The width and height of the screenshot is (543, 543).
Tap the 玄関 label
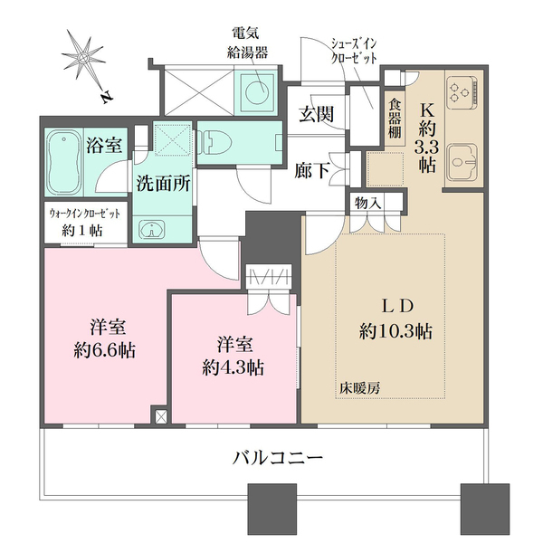pyautogui.click(x=317, y=116)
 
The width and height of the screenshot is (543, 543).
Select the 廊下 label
pyautogui.click(x=313, y=169)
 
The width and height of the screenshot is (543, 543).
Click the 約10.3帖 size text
pyautogui.click(x=395, y=331)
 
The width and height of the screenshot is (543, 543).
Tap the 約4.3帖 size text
pyautogui.click(x=233, y=367)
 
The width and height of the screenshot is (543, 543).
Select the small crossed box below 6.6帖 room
pyautogui.click(x=160, y=417)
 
